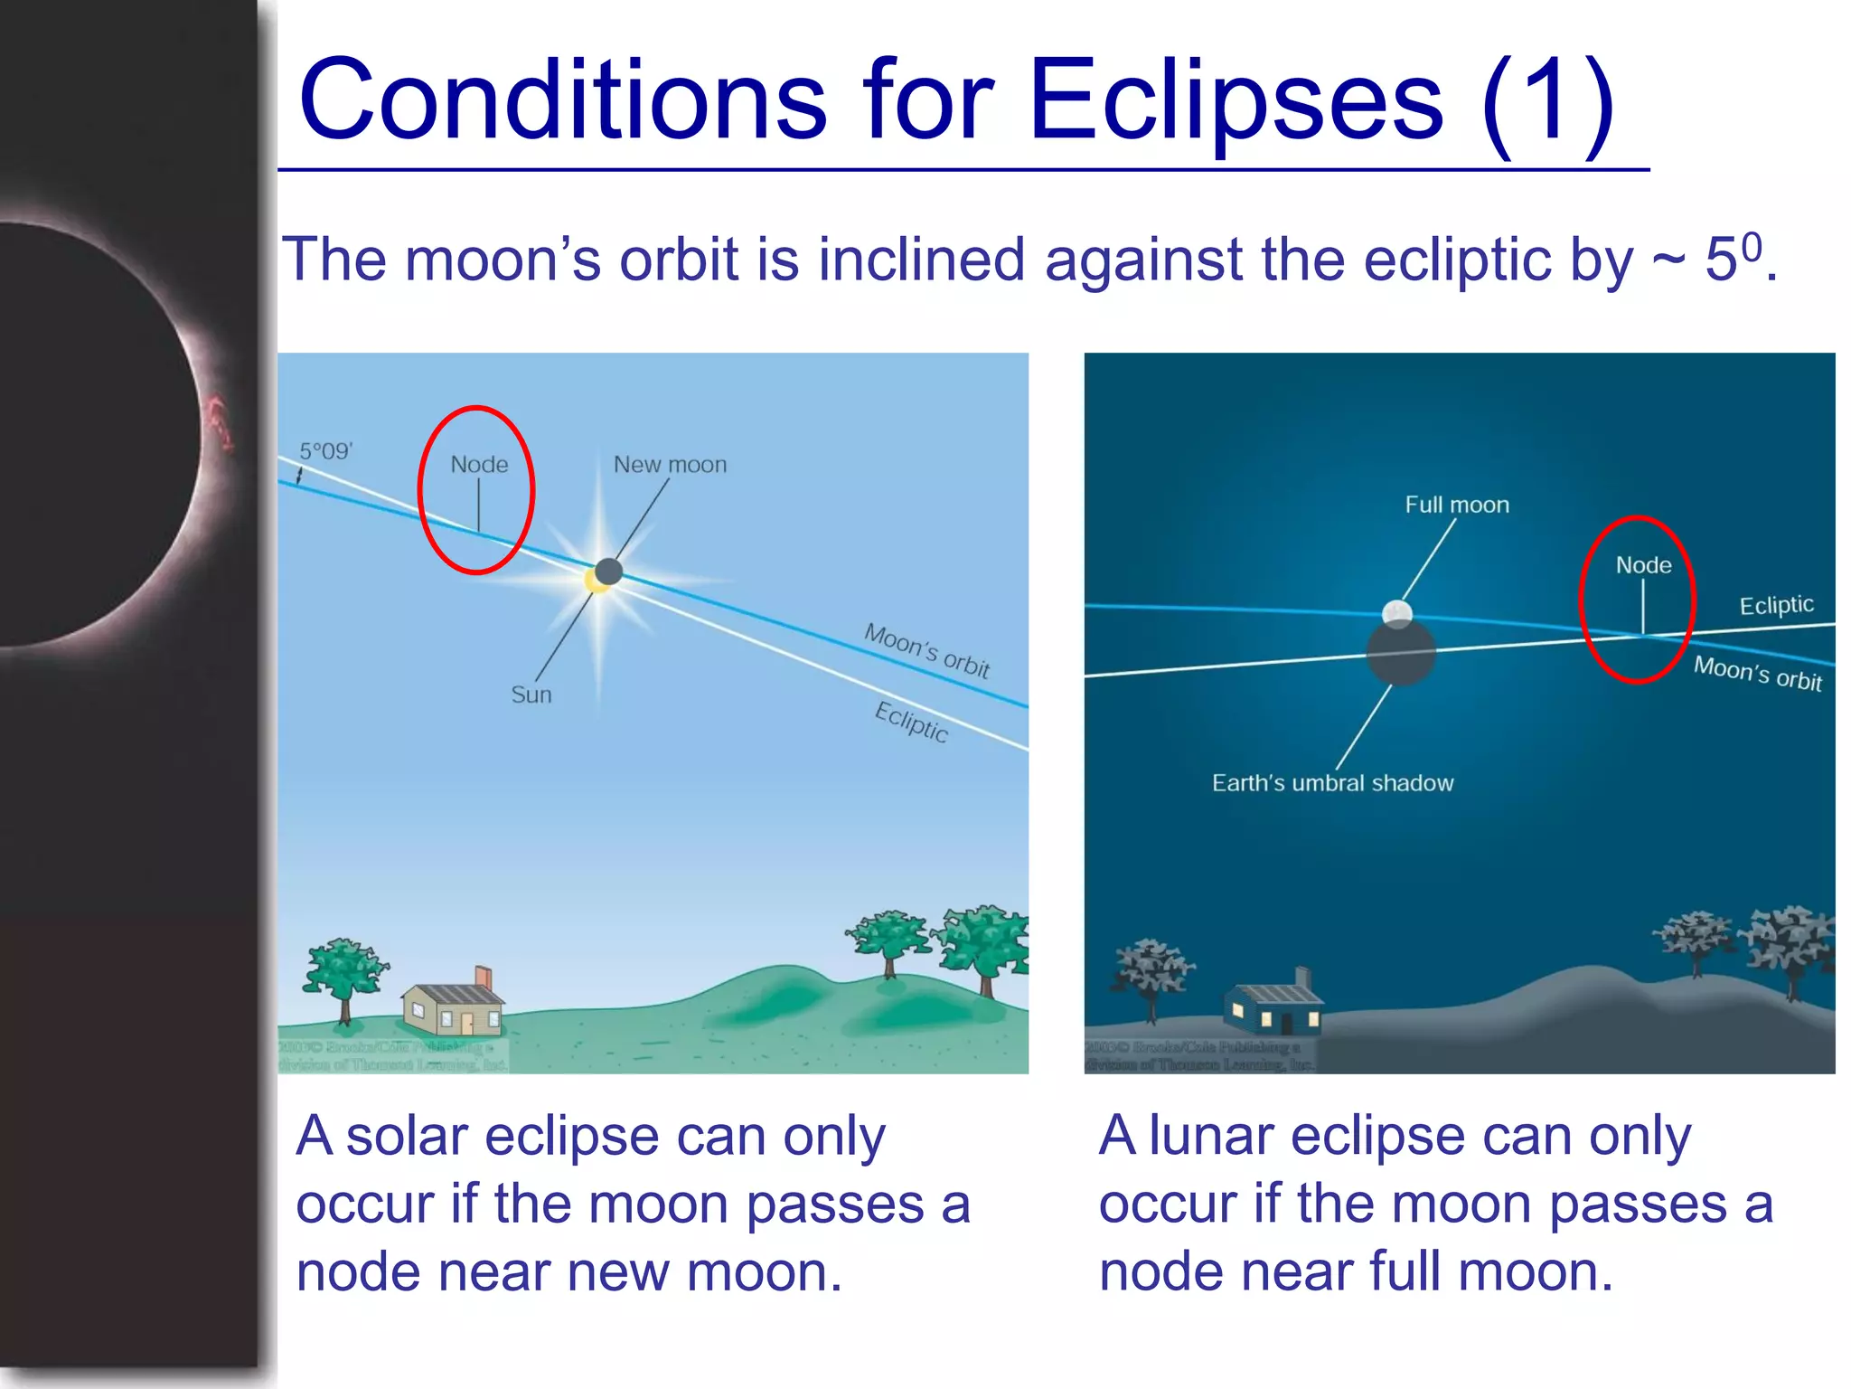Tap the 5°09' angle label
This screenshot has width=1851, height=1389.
(326, 450)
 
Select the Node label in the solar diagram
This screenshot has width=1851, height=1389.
(479, 464)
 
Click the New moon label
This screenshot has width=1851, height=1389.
(670, 464)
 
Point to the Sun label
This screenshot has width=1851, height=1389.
(531, 694)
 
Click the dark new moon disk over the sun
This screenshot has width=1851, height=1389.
(609, 571)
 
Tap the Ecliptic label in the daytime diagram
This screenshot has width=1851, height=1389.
(911, 722)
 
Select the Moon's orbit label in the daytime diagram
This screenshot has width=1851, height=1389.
(926, 649)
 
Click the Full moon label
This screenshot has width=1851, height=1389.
(1457, 505)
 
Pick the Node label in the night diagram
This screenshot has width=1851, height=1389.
(1643, 565)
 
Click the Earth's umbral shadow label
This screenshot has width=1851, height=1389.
(1332, 782)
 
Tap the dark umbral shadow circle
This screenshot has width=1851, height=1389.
(1401, 655)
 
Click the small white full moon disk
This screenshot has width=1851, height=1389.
(1397, 613)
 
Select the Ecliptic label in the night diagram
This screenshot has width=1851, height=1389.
(1776, 605)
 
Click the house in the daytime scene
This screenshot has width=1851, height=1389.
(452, 1008)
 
